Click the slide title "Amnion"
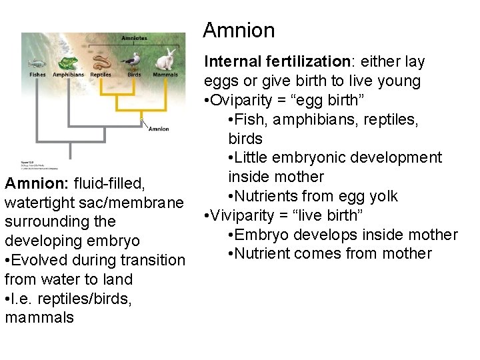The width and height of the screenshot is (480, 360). [238, 31]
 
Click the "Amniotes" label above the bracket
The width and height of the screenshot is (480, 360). [134, 38]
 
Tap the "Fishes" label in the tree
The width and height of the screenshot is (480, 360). [37, 75]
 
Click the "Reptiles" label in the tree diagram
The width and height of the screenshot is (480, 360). [101, 75]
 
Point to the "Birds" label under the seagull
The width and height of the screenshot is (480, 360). [134, 75]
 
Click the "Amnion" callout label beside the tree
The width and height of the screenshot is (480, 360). [158, 129]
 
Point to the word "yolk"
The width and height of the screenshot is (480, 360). [383, 196]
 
